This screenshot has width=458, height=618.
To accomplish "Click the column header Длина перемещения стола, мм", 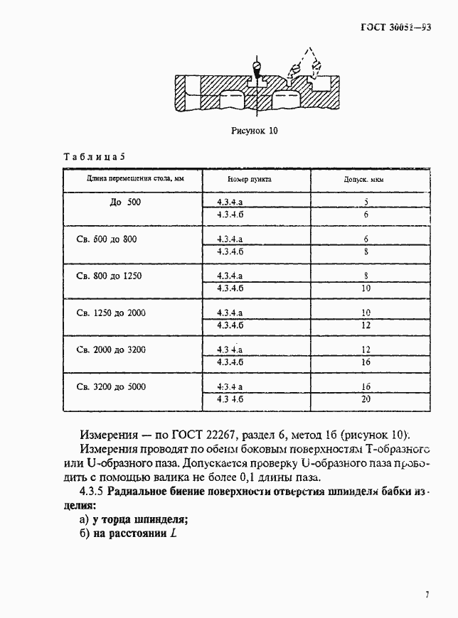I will tap(126, 180).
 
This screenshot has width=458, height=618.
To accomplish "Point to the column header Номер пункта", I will tap(249, 180).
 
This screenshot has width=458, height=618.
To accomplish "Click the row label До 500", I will tap(126, 203).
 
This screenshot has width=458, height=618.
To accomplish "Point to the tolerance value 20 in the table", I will tap(366, 400).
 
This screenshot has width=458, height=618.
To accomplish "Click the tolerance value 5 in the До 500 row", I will tap(365, 202).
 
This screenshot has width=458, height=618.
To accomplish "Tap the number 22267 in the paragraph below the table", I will tap(227, 435).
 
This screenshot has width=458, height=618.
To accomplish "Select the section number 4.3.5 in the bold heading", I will tap(91, 492).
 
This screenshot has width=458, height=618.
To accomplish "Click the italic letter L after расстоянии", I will tap(173, 533).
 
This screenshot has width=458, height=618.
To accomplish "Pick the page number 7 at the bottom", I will tap(427, 595).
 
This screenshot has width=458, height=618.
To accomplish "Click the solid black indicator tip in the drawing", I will tap(257, 70).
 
